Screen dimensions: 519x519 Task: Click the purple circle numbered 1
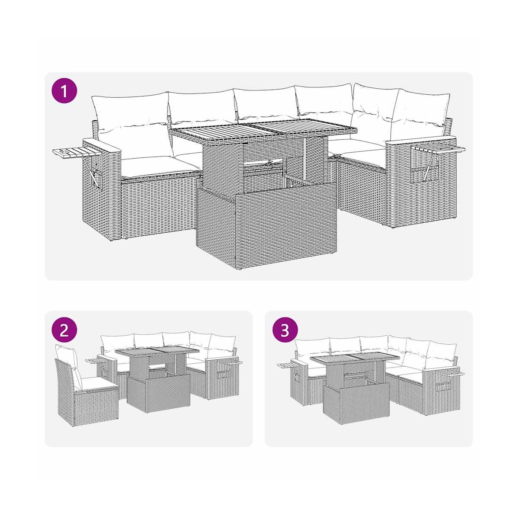(64, 91)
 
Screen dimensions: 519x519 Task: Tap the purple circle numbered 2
(64, 331)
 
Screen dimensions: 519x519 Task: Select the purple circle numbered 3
(285, 331)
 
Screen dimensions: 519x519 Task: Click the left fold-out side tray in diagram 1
(76, 152)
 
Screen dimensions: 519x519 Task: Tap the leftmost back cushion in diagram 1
(131, 113)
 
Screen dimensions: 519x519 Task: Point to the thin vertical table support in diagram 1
(305, 160)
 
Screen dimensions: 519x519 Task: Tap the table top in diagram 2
(157, 352)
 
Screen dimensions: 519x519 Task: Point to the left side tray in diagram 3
(288, 365)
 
